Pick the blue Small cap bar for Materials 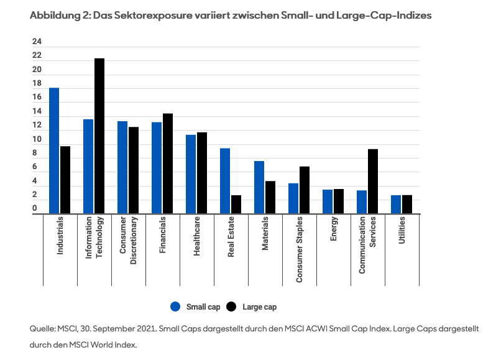tap(259, 187)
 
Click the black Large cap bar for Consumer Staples tap(305, 190)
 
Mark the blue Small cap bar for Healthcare tap(191, 174)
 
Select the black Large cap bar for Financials tap(168, 164)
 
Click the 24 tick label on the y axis tap(37, 42)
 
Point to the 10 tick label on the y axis tap(37, 139)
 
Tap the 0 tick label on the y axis tap(35, 209)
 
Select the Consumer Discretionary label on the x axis tap(129, 246)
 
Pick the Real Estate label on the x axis tap(231, 246)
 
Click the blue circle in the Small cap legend tap(175, 307)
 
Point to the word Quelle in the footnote tap(42, 328)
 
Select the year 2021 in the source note tap(147, 328)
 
